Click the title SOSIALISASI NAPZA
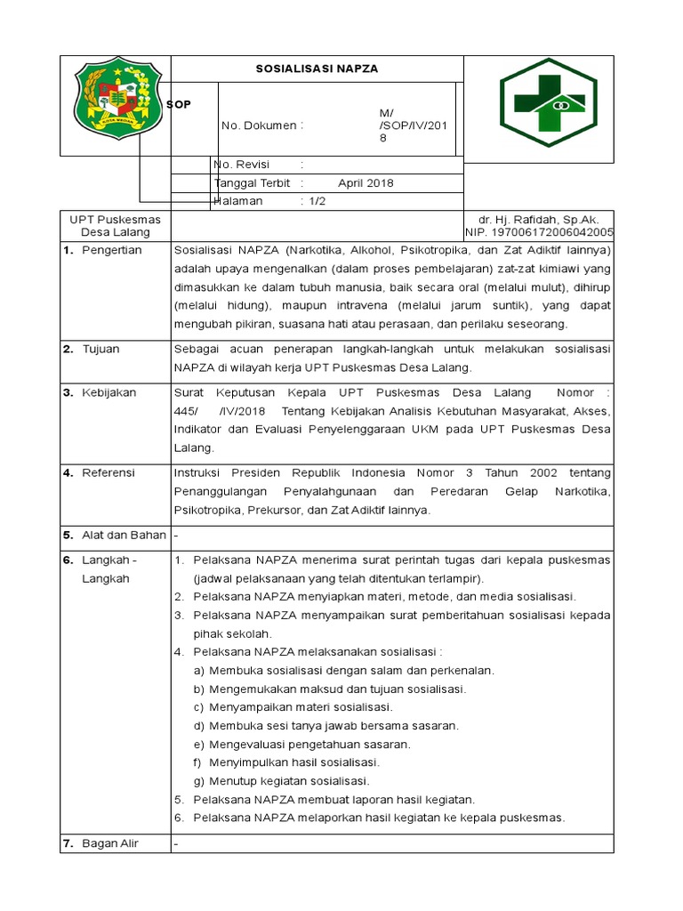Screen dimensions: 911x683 click(317, 69)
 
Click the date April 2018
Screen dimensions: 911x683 click(366, 183)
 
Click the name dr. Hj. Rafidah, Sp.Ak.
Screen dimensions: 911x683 click(539, 219)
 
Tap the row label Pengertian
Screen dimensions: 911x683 click(111, 250)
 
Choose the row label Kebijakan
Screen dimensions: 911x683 click(108, 392)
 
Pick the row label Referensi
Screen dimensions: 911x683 click(108, 473)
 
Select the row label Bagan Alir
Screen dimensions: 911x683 click(110, 843)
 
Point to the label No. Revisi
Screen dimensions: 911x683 click(241, 165)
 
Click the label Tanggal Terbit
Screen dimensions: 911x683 click(254, 183)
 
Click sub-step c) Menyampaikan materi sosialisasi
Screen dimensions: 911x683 click(293, 707)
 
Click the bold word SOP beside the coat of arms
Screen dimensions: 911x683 click(179, 104)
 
